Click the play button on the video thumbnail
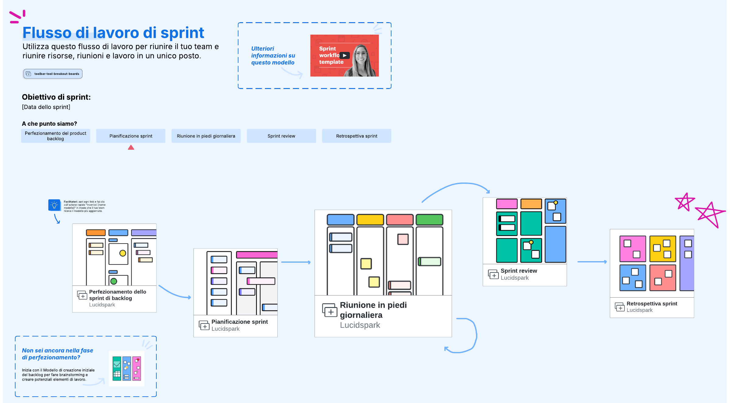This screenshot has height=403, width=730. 345,56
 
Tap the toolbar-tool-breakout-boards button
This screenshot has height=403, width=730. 53,74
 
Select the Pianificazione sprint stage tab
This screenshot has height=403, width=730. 131,136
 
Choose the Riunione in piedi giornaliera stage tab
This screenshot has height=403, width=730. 206,136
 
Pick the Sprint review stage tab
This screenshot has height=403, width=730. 281,136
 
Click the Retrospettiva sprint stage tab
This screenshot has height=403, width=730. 356,136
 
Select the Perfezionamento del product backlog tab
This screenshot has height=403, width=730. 55,136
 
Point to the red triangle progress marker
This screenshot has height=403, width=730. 131,148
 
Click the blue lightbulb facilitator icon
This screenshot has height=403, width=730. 54,205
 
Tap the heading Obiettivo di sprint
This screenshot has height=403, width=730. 56,97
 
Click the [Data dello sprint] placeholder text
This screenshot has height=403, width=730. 46,107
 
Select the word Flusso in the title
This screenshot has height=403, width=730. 47,33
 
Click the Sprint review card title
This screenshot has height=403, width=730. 519,271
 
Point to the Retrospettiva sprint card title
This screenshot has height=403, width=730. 652,304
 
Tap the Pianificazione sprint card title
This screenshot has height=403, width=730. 240,322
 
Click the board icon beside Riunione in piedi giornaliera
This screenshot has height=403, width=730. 330,310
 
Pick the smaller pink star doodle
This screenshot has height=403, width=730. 684,202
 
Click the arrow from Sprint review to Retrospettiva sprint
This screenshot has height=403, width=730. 592,262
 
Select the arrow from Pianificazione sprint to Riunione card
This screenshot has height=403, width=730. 296,262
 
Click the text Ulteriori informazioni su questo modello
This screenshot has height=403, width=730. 273,56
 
